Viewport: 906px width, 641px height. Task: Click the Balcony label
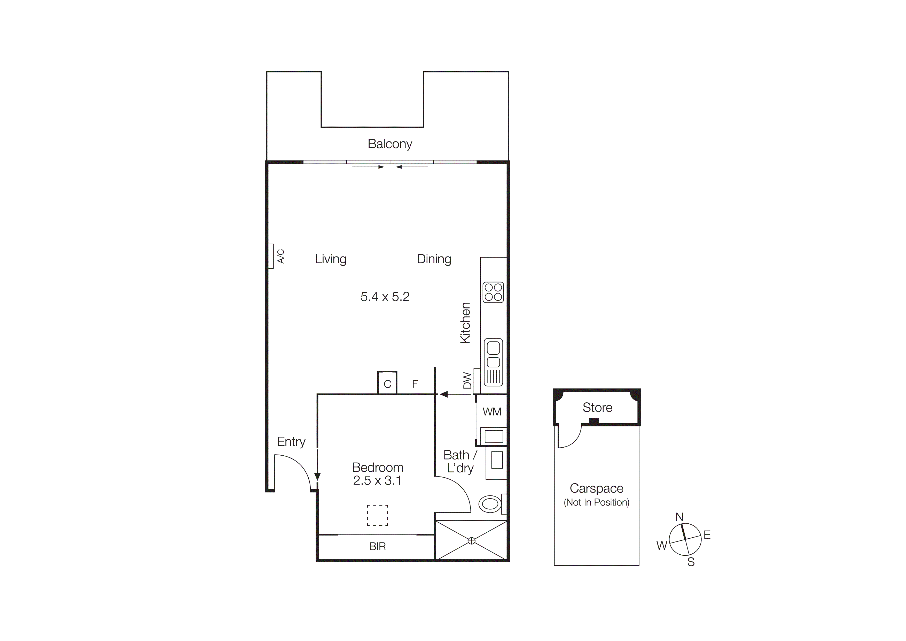390,144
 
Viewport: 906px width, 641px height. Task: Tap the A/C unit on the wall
271,256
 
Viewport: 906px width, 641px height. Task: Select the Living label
331,259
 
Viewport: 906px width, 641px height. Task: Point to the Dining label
434,259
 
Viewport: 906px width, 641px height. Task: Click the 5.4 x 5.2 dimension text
385,297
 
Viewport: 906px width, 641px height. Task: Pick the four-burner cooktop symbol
493,292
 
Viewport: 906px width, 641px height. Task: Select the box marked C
387,383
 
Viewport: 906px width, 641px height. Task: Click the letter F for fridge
415,384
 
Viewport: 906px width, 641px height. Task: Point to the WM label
492,412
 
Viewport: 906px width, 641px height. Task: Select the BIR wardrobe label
377,547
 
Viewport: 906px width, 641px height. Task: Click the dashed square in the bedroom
377,515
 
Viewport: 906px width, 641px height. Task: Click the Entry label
291,442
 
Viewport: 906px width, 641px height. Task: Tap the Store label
597,408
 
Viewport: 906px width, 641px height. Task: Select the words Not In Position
597,502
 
